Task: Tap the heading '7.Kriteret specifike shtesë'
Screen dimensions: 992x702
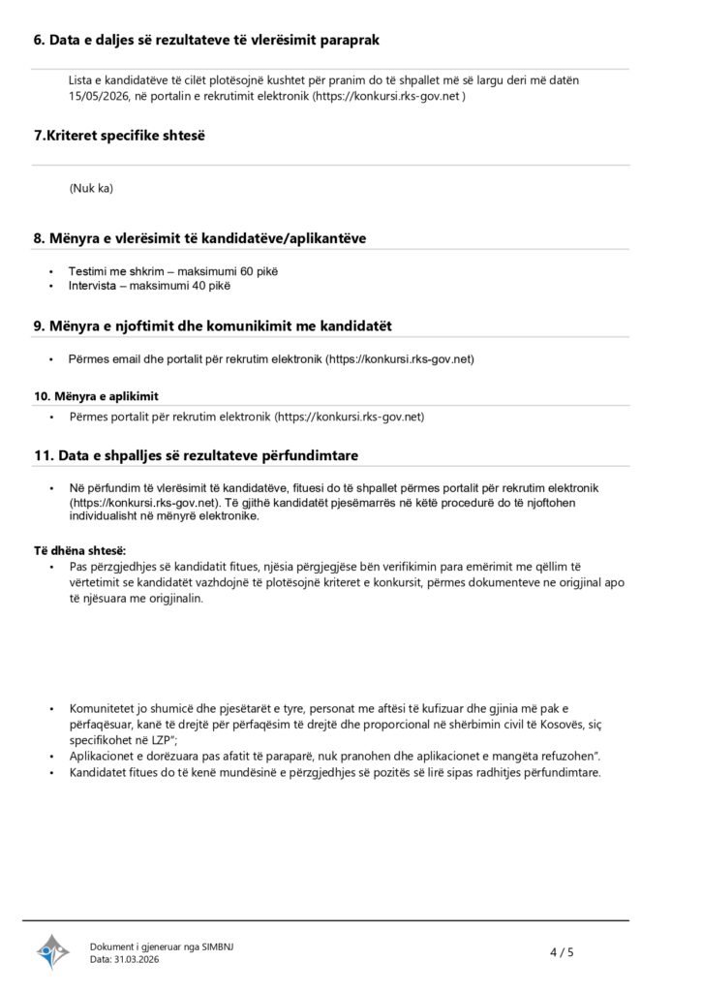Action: pyautogui.click(x=119, y=136)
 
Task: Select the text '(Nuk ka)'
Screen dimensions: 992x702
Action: pyautogui.click(x=91, y=188)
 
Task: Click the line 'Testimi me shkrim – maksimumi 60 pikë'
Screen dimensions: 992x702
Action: pyautogui.click(x=166, y=271)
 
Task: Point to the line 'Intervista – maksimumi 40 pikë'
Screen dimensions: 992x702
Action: pyautogui.click(x=149, y=286)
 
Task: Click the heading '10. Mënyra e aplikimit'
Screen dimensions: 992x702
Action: pyautogui.click(x=96, y=397)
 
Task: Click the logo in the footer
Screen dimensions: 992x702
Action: pyautogui.click(x=54, y=951)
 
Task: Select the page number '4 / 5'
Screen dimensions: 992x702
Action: pyautogui.click(x=562, y=952)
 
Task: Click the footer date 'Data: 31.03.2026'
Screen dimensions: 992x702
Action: pyautogui.click(x=124, y=959)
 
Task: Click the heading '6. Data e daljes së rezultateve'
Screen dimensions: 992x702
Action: pyautogui.click(x=206, y=40)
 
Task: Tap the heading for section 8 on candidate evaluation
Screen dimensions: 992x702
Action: pyautogui.click(x=199, y=238)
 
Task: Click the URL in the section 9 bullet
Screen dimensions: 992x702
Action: pyautogui.click(x=400, y=358)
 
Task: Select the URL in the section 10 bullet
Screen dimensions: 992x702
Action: pyautogui.click(x=350, y=417)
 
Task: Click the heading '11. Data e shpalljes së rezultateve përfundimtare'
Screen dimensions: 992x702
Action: pyautogui.click(x=200, y=455)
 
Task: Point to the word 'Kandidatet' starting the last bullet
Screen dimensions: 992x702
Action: pyautogui.click(x=98, y=772)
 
